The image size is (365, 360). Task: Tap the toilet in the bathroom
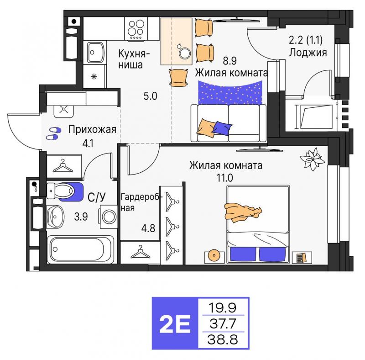click(61, 191)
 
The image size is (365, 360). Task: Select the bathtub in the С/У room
click(81, 249)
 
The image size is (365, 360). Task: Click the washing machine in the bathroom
click(109, 217)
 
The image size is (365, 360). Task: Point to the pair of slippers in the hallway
click(53, 133)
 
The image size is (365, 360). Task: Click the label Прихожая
click(93, 130)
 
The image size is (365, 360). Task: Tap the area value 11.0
click(225, 178)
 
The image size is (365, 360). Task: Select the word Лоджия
click(308, 53)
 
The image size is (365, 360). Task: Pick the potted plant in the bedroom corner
click(312, 159)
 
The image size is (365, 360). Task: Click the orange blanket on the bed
click(243, 212)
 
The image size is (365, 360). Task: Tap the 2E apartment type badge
click(175, 323)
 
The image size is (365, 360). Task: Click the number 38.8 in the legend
click(223, 340)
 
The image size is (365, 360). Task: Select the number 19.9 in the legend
click(223, 307)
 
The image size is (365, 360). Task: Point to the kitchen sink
click(95, 53)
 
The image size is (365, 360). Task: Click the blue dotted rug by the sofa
click(230, 93)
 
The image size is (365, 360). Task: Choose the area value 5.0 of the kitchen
click(151, 96)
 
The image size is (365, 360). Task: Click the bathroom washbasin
click(55, 217)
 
